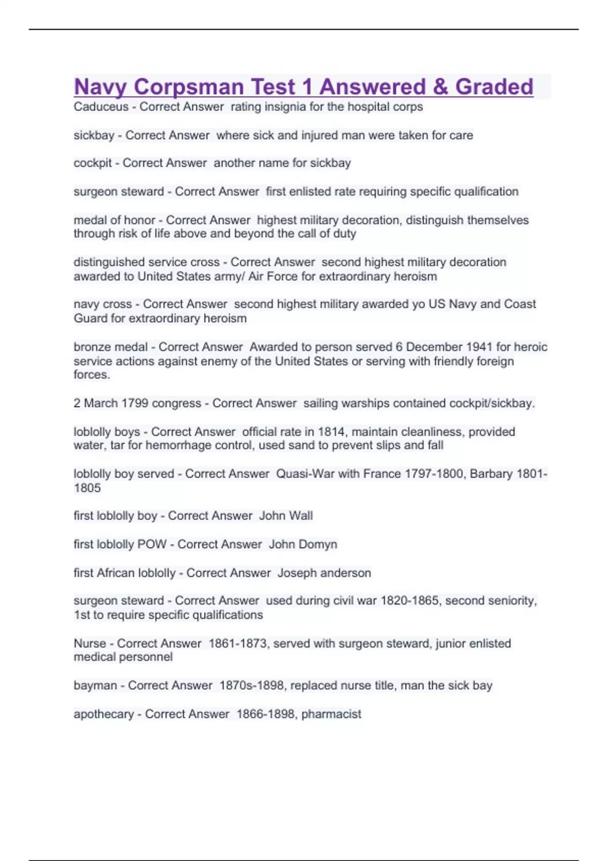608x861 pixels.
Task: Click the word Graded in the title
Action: click(x=494, y=87)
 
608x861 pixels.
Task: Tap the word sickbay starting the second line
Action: click(x=94, y=135)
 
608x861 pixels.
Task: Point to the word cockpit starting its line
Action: click(x=92, y=163)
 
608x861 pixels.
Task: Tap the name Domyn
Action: click(x=317, y=544)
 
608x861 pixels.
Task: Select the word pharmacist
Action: click(x=331, y=714)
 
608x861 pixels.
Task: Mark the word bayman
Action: click(x=95, y=686)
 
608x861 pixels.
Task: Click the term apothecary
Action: click(x=103, y=714)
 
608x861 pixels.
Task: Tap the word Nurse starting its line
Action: click(x=90, y=643)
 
